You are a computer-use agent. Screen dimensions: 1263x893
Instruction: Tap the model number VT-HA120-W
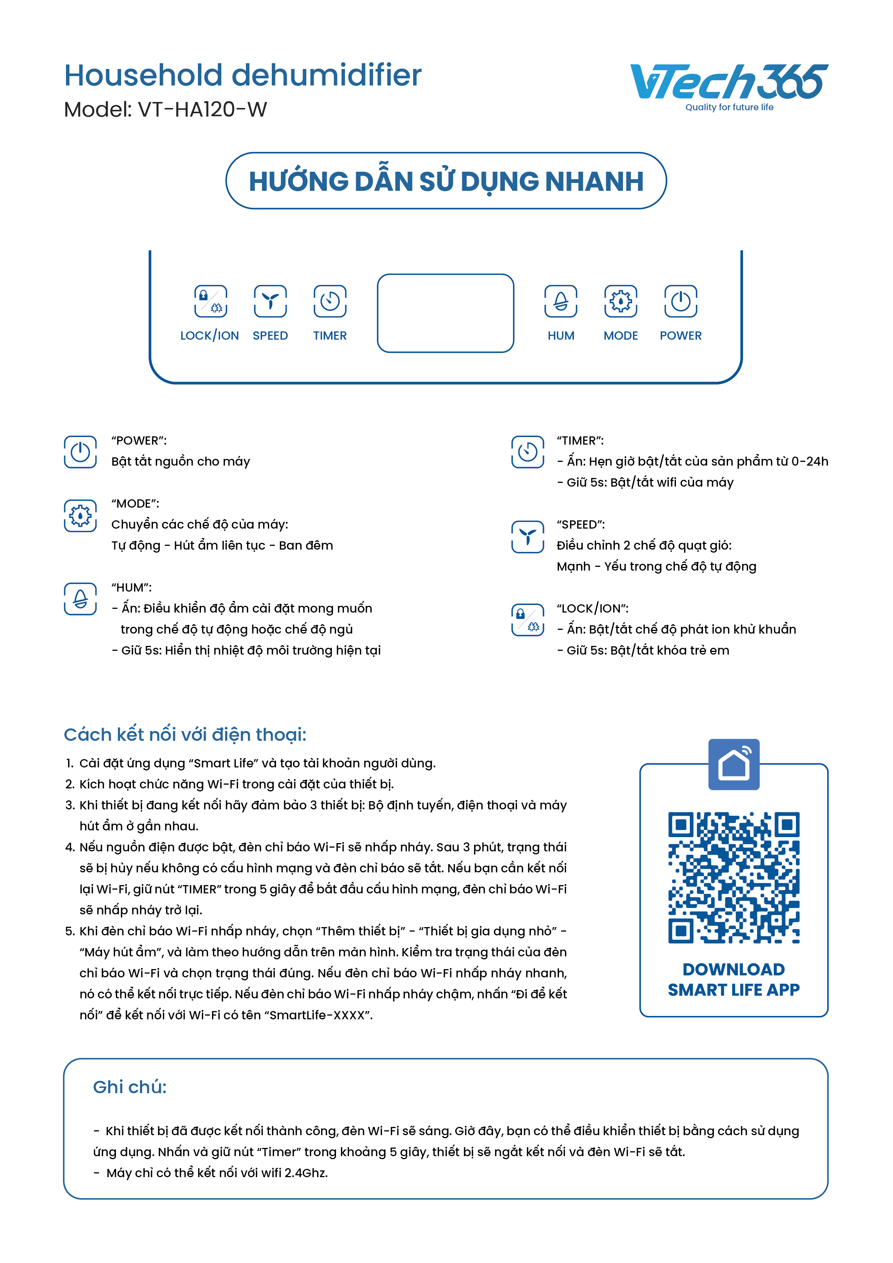pos(202,110)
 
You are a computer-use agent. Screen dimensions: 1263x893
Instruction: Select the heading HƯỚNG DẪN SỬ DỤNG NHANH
pos(446,181)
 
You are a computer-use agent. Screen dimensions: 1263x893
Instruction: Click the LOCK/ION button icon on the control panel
pos(210,301)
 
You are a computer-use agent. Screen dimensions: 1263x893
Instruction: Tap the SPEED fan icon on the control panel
pos(270,301)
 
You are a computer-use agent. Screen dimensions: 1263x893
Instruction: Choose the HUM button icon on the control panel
pos(561,301)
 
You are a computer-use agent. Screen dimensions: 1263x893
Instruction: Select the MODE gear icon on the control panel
pos(621,301)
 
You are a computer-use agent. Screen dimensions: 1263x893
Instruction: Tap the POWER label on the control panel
pos(680,336)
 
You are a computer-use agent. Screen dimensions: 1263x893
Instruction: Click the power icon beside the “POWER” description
pos(80,452)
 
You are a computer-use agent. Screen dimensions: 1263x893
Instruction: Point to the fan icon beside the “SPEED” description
pos(527,536)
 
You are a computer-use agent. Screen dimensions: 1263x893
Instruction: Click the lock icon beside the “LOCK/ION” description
pos(527,620)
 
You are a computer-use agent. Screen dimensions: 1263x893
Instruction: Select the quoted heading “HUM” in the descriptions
pos(132,587)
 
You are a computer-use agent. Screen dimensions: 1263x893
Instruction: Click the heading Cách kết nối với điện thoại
pos(185,734)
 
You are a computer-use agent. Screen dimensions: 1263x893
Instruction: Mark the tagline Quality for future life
pos(729,107)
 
